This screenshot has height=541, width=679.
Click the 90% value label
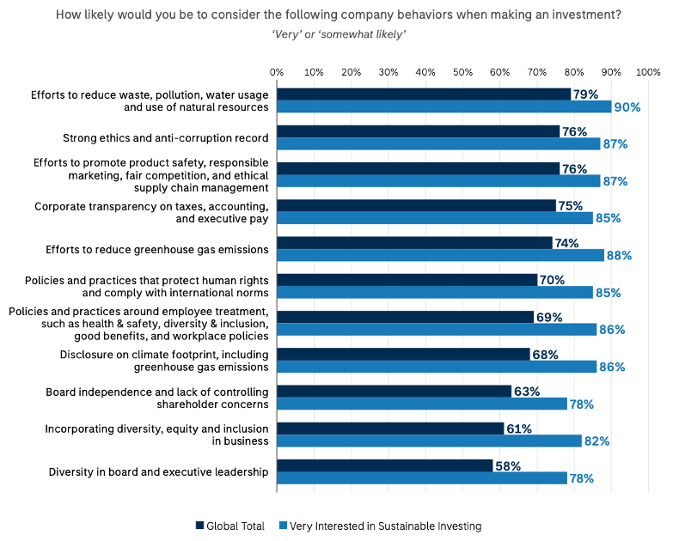[x=627, y=107]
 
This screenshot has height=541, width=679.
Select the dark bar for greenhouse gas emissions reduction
[x=414, y=243]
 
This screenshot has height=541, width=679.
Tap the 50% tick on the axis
[x=462, y=71]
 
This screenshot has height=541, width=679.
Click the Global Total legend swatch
[x=200, y=526]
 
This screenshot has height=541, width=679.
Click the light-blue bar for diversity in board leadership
[x=422, y=478]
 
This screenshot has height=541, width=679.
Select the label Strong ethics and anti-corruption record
[x=166, y=137]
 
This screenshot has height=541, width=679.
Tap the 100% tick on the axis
[x=648, y=71]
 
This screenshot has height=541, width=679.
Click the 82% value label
[x=597, y=441]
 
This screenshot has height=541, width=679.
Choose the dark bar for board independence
[x=394, y=391]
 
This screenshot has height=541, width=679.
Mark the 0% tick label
[x=277, y=71]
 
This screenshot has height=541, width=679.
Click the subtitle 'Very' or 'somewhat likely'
[x=339, y=33]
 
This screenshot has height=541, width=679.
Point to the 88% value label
[x=620, y=256]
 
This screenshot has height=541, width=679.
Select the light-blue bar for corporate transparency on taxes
[x=435, y=218]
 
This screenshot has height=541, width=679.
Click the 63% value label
[x=526, y=391]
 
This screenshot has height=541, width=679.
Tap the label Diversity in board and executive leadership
[x=158, y=471]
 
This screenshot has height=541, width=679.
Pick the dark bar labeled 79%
[x=424, y=94]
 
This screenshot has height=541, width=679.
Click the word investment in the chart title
[x=585, y=14]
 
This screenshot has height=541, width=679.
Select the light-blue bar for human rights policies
[x=435, y=293]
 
